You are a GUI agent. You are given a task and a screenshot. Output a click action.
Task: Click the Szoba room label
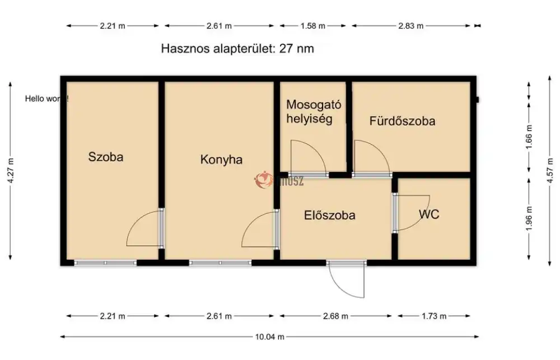coord(106,157)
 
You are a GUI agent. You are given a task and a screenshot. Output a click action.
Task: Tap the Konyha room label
coord(221,160)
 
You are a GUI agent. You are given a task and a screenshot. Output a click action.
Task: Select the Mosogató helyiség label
coord(314,111)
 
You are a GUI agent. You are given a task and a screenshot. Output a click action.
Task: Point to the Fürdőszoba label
coord(402,121)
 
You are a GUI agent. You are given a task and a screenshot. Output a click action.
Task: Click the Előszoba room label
coord(329,215)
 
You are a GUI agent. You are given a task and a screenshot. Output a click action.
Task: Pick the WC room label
coord(429,214)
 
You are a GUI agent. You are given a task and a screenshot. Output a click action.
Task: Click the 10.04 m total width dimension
coord(270,336)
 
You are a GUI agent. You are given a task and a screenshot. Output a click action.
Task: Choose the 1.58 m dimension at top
coord(313,25)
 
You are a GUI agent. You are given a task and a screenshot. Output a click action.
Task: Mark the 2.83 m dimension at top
coord(412,25)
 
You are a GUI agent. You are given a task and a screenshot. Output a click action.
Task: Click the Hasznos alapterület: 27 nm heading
coord(237,49)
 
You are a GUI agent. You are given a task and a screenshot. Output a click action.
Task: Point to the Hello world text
coord(47,99)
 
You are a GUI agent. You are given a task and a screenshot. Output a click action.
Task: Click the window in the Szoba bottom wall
coord(105,262)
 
